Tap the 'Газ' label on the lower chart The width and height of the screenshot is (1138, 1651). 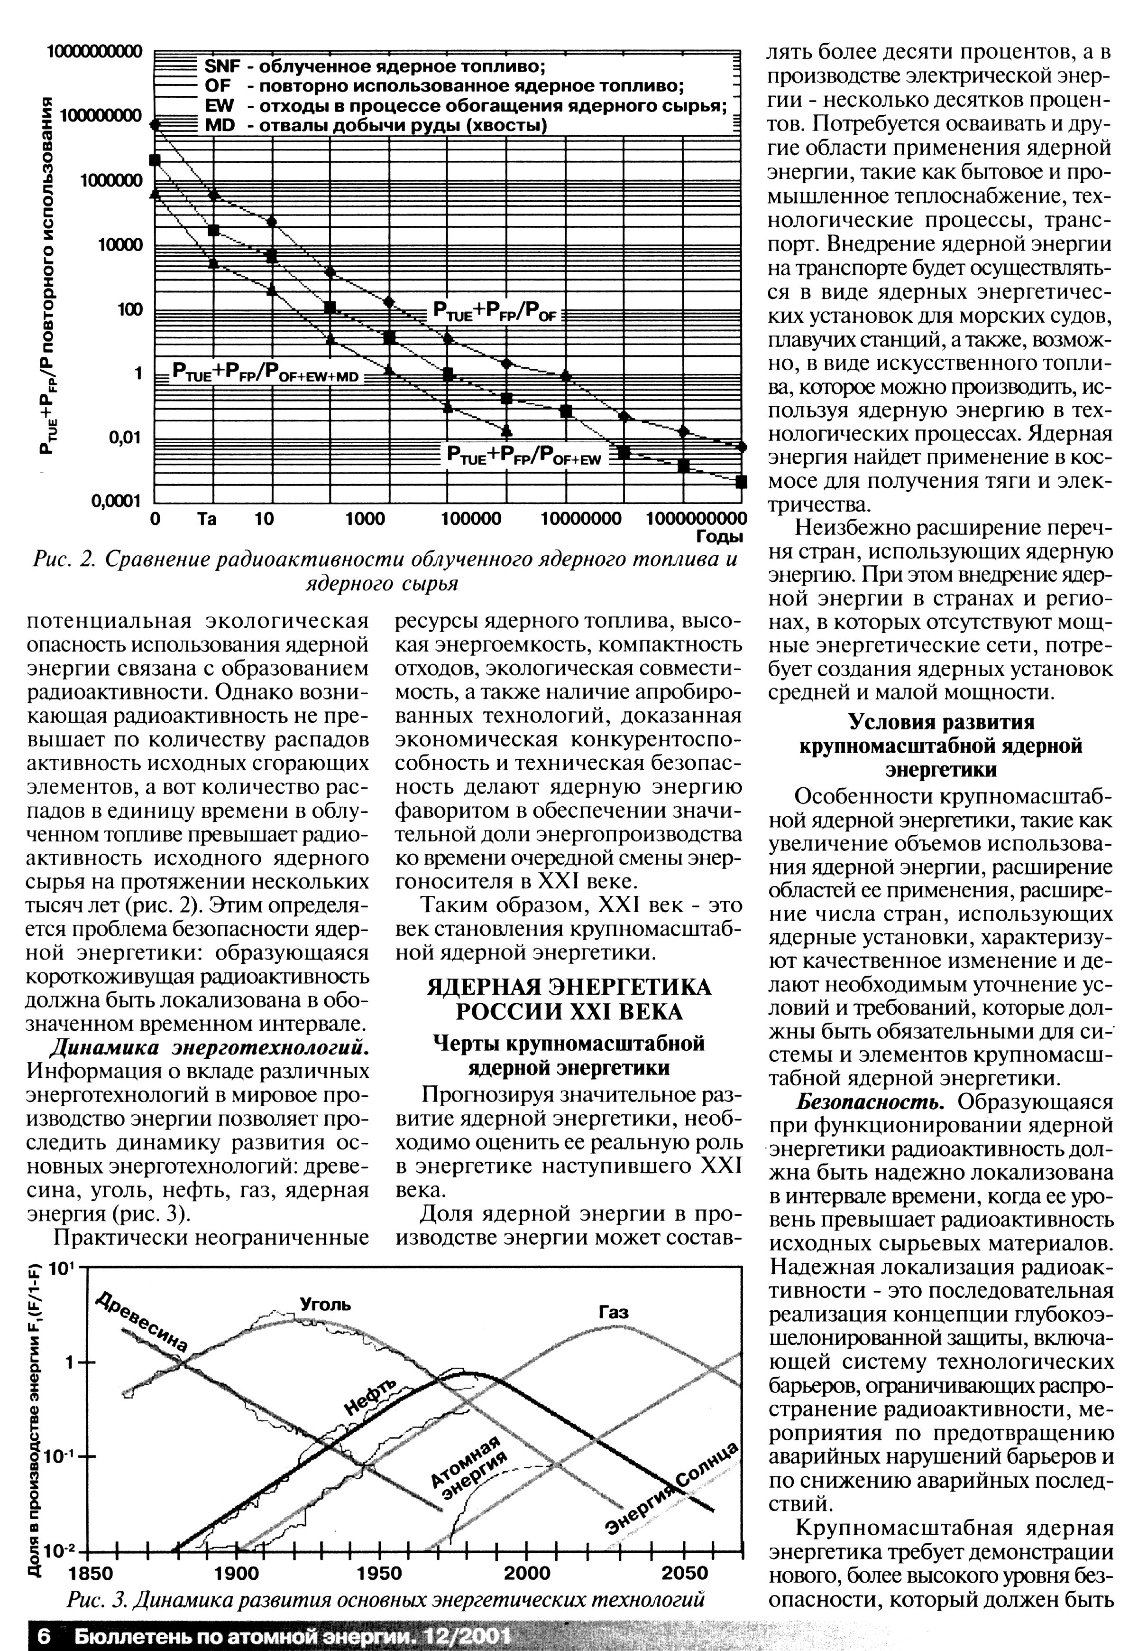613,1312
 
